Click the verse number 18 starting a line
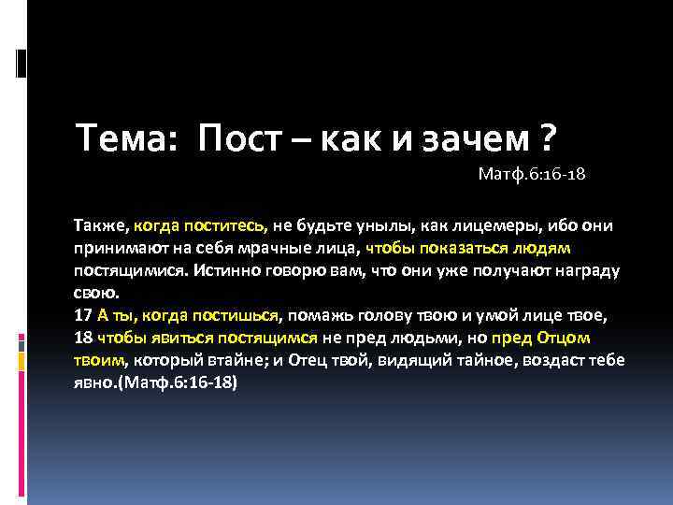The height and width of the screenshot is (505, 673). coord(82,339)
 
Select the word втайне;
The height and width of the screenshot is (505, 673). coord(228,361)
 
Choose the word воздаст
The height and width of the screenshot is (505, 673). coord(545,361)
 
